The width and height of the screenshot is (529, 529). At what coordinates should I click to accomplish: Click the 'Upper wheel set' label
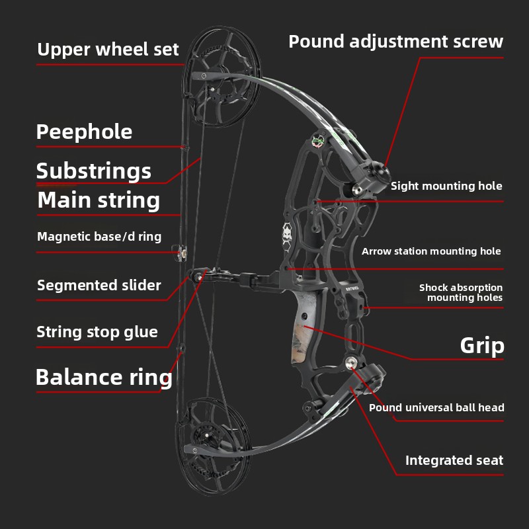(108, 50)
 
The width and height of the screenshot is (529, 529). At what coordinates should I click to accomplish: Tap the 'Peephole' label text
(84, 132)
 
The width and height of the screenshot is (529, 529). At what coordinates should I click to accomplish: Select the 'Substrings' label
(94, 171)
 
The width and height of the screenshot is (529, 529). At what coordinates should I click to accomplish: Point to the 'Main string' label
(99, 200)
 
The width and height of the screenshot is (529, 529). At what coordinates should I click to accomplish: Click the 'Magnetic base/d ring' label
(99, 236)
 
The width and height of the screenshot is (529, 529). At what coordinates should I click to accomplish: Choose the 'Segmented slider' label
(99, 286)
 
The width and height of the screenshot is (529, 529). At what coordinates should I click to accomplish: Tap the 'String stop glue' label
(97, 332)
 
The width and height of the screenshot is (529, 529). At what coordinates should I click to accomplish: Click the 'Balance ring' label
(104, 377)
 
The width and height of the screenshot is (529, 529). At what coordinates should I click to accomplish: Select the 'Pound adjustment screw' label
(395, 42)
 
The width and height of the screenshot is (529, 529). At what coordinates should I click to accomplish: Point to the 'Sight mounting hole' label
(446, 186)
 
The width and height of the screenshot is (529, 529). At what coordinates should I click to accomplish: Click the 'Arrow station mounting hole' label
(431, 251)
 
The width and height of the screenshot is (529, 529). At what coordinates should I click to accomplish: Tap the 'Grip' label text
(482, 345)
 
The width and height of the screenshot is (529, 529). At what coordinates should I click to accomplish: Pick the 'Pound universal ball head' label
(436, 407)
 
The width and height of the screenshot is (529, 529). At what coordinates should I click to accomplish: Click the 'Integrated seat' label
(454, 460)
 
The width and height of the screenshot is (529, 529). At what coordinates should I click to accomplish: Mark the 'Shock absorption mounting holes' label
(461, 292)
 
